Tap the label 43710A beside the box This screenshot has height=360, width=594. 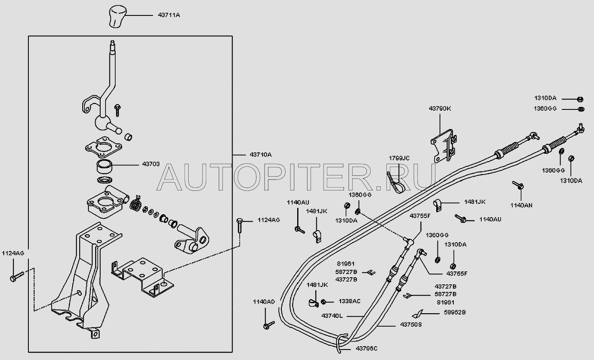pos(260,155)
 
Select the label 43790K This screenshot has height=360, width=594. pos(440,109)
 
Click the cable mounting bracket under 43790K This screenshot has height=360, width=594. pos(444,147)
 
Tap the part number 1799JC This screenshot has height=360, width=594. pos(399,158)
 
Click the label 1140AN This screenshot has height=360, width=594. pos(521,205)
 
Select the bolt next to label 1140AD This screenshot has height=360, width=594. pos(268,325)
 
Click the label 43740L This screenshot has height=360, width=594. pos(332,316)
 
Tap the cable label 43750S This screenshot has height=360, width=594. pos(411,325)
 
